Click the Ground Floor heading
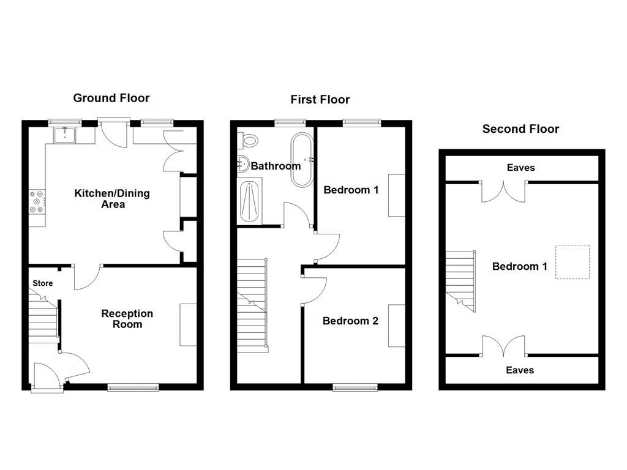click(x=111, y=98)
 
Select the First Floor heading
click(x=320, y=100)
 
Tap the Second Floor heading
click(x=520, y=129)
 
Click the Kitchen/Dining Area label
click(x=112, y=199)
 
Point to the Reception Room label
click(x=127, y=319)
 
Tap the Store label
click(x=43, y=283)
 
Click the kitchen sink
click(x=64, y=133)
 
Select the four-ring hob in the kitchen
click(x=37, y=202)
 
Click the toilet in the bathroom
click(x=249, y=140)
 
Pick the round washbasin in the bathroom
click(x=242, y=164)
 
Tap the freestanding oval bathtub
click(x=301, y=159)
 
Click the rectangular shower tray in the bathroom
click(x=250, y=201)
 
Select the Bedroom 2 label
click(x=350, y=321)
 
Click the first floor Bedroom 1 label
click(x=351, y=190)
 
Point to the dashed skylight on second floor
click(x=573, y=262)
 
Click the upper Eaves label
click(x=520, y=168)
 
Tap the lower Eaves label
click(x=520, y=370)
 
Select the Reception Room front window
click(x=133, y=386)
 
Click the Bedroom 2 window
click(x=355, y=386)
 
